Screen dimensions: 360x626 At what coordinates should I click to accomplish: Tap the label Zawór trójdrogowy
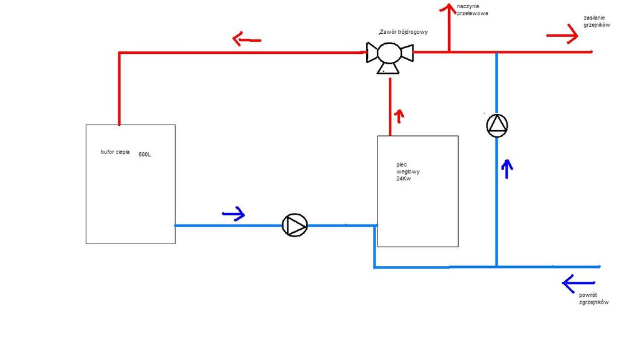pos(404,32)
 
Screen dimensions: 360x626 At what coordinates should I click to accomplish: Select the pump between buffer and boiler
pos(295,225)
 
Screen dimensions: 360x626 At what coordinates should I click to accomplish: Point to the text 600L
pos(145,155)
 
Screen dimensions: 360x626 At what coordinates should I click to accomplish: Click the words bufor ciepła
pos(115,152)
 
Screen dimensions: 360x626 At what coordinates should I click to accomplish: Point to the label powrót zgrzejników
pos(594,298)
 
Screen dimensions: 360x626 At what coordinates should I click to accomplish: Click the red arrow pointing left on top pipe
pos(246,39)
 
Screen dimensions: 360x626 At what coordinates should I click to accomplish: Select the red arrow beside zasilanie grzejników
pos(562,34)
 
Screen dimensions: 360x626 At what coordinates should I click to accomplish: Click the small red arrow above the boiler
pos(398,115)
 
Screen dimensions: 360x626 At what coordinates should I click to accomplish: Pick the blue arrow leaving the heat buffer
pos(233,215)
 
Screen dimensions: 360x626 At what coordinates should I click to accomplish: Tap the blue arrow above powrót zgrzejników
pos(577,283)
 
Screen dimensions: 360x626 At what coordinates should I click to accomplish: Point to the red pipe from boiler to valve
pos(390,106)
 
